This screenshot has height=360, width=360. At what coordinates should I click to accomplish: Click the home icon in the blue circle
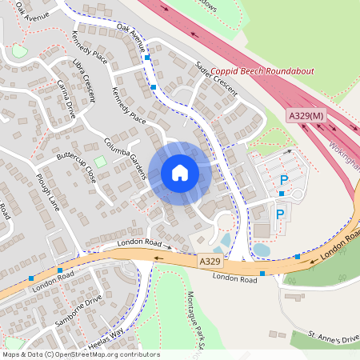tap(180, 173)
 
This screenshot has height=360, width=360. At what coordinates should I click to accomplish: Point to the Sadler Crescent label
tap(217, 81)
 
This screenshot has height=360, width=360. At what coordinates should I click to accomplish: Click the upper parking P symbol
tap(283, 181)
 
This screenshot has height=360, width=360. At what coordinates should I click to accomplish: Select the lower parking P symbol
tap(279, 214)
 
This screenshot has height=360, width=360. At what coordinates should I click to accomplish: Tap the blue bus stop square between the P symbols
tap(282, 194)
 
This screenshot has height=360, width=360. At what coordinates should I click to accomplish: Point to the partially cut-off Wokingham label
tap(345, 161)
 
